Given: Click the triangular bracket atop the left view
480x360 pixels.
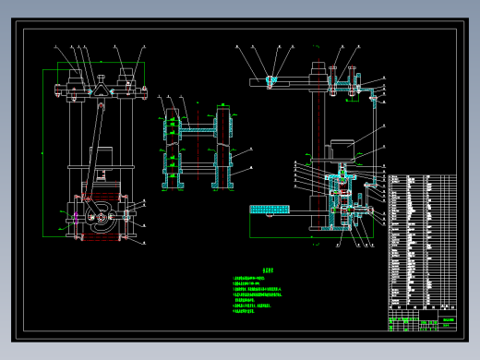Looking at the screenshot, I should (x=96, y=89).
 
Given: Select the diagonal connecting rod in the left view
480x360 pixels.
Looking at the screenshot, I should (x=92, y=148).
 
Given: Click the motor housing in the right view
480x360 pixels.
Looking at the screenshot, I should (x=342, y=148).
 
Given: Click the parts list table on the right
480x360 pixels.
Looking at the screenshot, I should (x=421, y=240).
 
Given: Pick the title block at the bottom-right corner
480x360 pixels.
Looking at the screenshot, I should (x=421, y=323).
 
